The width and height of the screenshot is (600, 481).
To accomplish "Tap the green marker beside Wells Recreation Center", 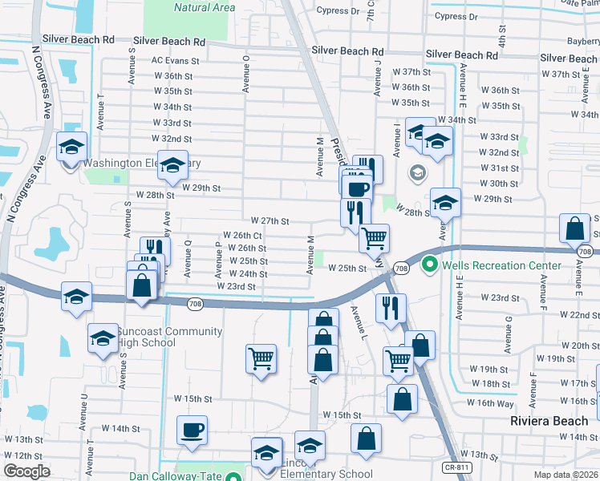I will (429, 264).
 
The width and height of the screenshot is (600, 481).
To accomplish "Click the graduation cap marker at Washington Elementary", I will (172, 165).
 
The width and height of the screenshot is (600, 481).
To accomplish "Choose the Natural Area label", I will (205, 8).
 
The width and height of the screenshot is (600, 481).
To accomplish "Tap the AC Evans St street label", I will (175, 61).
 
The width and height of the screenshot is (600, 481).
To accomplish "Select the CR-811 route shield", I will (458, 467).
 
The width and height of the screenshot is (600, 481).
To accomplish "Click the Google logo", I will (26, 471).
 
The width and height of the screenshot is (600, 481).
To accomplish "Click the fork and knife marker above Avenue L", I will (391, 308).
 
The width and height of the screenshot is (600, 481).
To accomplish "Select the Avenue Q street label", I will (186, 260).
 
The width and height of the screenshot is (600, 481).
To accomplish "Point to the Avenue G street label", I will (509, 334).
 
